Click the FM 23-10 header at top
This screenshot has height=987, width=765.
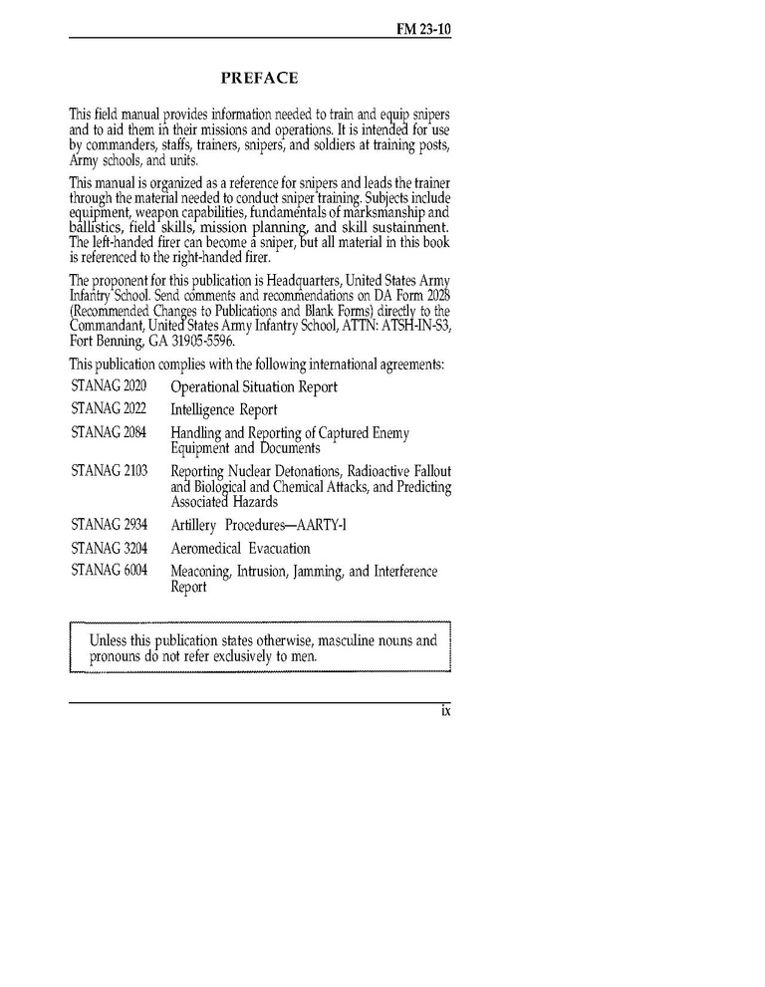pos(423,31)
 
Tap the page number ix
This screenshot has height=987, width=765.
pos(446,711)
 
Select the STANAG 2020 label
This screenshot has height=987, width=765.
pos(109,385)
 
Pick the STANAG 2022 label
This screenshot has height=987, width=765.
pos(109,409)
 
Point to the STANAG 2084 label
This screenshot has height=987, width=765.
pos(109,432)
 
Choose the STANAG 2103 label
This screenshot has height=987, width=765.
pos(109,470)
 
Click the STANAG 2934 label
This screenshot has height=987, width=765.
pos(109,524)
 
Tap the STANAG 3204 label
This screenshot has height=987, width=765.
pos(109,548)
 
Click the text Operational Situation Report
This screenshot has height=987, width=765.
pos(254,386)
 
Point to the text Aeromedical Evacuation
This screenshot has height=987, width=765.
pos(240,549)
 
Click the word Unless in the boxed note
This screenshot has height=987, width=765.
pos(111,641)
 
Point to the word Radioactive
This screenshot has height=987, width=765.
pos(367,471)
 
